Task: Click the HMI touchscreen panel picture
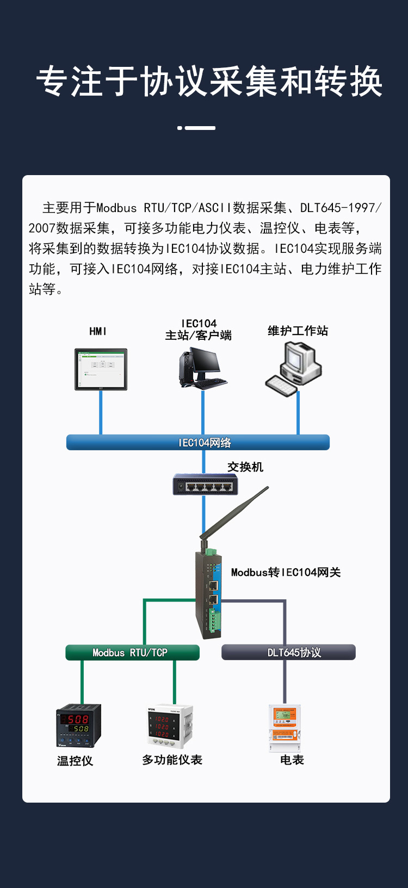[x=101, y=369]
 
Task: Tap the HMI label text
[x=98, y=331]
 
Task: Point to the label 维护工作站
[x=298, y=331]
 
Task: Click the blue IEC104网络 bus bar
[x=198, y=443]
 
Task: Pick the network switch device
[x=206, y=484]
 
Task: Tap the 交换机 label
[x=245, y=467]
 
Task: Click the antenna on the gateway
[x=234, y=513]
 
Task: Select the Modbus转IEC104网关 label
[x=286, y=572]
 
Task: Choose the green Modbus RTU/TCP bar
[x=132, y=653]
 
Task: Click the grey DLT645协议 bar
[x=288, y=653]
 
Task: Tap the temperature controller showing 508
[x=78, y=725]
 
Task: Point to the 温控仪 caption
[x=75, y=761]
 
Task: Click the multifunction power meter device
[x=170, y=726]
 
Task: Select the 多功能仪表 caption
[x=172, y=760]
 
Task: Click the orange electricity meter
[x=285, y=728]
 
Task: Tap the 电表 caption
[x=292, y=760]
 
